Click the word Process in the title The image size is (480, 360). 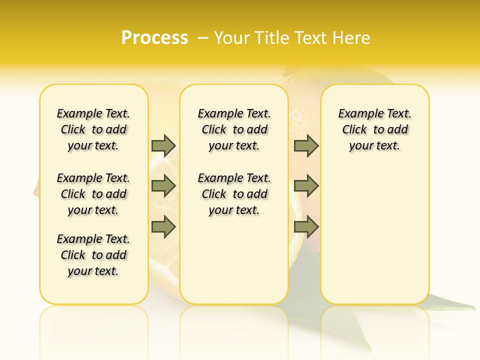[x=154, y=37]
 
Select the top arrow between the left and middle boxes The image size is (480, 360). [x=163, y=145]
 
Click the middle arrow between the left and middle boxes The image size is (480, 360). [x=163, y=186]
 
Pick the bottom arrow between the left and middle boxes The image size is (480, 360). [x=163, y=226]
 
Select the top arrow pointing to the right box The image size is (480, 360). [x=306, y=145]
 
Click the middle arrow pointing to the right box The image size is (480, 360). [x=306, y=186]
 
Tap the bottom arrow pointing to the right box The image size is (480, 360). [x=306, y=226]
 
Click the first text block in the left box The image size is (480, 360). [x=93, y=129]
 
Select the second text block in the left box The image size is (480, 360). [x=93, y=194]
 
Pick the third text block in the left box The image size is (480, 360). [x=93, y=255]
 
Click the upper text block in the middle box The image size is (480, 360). [x=234, y=129]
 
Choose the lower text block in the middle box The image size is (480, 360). [x=234, y=194]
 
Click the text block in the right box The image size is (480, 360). [x=374, y=129]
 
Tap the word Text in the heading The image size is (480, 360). [x=311, y=37]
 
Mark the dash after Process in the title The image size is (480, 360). [x=203, y=37]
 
